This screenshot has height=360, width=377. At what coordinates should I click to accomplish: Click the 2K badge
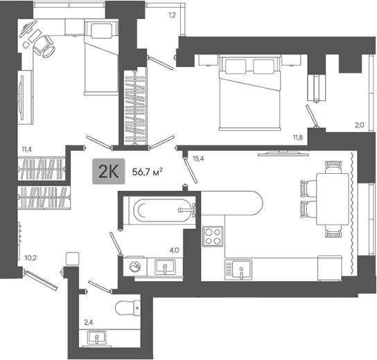[109, 171]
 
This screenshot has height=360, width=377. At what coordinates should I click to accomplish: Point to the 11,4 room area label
[27, 150]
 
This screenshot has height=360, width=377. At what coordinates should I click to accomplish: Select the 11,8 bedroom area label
[298, 138]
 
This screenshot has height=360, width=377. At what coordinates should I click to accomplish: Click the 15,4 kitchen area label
[198, 159]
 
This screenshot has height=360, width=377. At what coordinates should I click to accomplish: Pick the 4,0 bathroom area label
[175, 251]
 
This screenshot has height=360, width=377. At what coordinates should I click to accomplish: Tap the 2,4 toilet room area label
[89, 323]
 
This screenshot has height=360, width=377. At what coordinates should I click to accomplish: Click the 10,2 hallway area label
[30, 258]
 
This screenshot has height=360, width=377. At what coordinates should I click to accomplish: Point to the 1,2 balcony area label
[172, 15]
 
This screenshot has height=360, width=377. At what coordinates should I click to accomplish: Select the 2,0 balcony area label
[360, 125]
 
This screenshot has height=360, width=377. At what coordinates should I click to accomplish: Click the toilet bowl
[128, 308]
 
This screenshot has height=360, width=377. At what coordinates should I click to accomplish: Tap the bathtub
[162, 210]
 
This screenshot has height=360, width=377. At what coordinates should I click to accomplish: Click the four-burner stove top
[213, 237]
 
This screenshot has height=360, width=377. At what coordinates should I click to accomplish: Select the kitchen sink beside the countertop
[238, 269]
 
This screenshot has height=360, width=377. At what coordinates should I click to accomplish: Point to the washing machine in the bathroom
[134, 267]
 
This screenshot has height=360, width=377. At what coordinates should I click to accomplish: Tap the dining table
[333, 199]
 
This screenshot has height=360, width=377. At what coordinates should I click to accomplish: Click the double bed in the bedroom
[249, 93]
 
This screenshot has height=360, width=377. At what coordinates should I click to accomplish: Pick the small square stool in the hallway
[72, 259]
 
